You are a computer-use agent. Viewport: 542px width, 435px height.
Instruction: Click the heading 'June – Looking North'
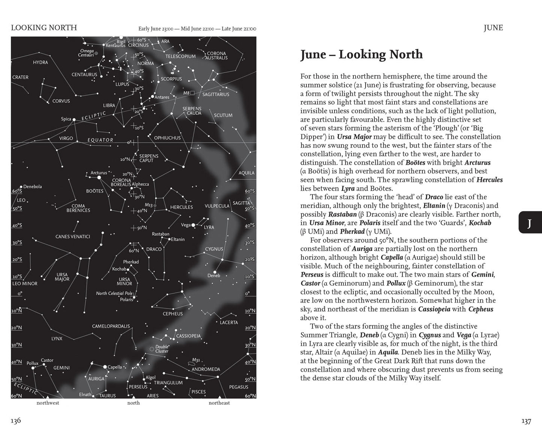pyautogui.click(x=361, y=55)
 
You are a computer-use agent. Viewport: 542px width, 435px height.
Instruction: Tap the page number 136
pyautogui.click(x=16, y=421)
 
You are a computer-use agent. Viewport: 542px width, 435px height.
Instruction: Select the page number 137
pyautogui.click(x=526, y=421)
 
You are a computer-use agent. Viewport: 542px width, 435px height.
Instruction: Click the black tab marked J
pyautogui.click(x=530, y=223)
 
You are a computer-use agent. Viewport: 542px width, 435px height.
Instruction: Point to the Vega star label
pyautogui.click(x=185, y=225)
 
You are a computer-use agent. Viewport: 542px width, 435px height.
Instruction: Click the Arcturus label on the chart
pyautogui.click(x=99, y=173)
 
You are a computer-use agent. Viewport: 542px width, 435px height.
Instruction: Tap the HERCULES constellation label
pyautogui.click(x=182, y=207)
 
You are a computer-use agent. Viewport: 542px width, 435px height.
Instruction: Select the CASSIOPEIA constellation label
pyautogui.click(x=188, y=336)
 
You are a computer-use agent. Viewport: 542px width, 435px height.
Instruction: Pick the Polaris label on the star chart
pyautogui.click(x=126, y=300)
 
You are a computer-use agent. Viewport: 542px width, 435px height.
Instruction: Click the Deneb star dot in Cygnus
pyautogui.click(x=215, y=272)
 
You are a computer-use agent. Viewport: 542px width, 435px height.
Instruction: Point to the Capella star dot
pyautogui.click(x=105, y=367)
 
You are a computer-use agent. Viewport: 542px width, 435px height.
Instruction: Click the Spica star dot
pyautogui.click(x=74, y=119)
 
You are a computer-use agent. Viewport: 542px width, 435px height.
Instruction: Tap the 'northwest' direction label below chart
pyautogui.click(x=48, y=403)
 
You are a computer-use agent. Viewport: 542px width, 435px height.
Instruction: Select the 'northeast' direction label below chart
pyautogui.click(x=219, y=403)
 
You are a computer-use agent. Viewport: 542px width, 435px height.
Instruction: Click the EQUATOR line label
pyautogui.click(x=100, y=140)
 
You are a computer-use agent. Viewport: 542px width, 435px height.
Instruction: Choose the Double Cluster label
pyautogui.click(x=162, y=349)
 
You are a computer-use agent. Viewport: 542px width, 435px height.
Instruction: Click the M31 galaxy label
pyautogui.click(x=196, y=360)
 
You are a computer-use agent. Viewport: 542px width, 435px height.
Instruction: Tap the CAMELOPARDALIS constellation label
pyautogui.click(x=111, y=326)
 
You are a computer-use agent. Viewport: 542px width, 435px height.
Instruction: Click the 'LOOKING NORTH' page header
pyautogui.click(x=44, y=28)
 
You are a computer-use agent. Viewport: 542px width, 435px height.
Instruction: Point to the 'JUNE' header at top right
pyautogui.click(x=493, y=28)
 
